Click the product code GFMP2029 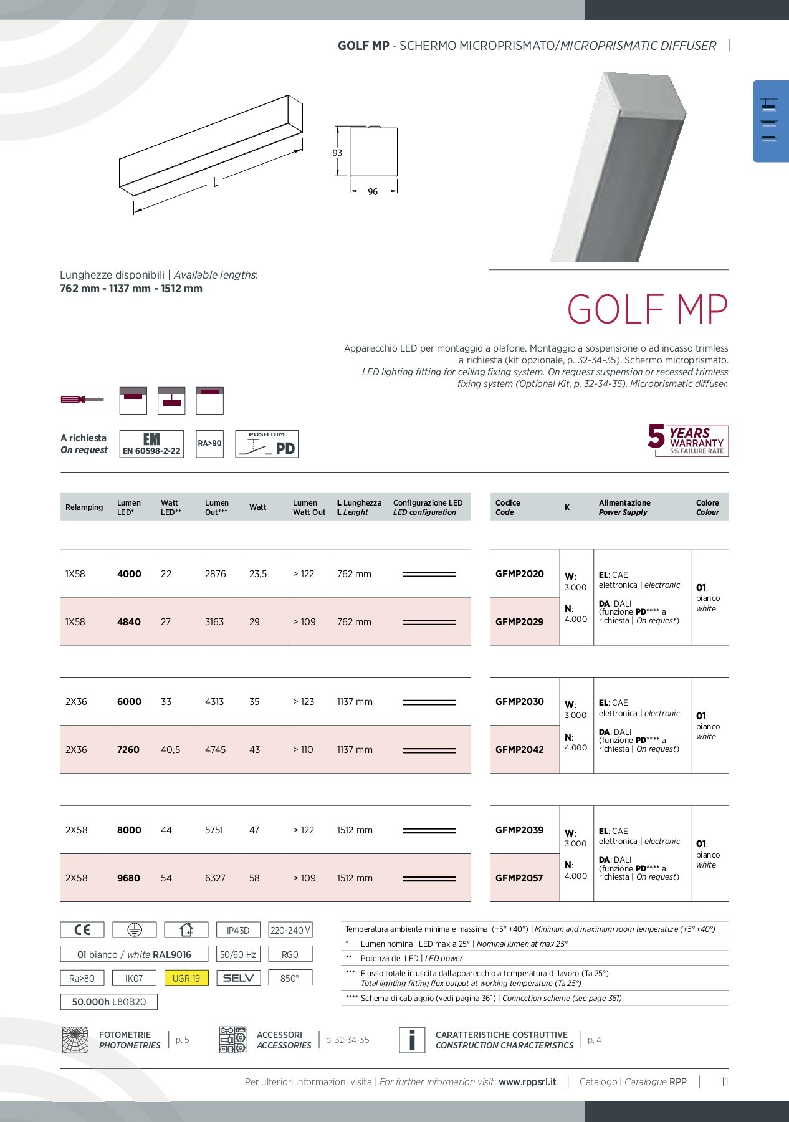[x=519, y=621]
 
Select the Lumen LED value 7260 [x=128, y=749]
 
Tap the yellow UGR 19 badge [x=186, y=978]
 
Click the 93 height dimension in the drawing [x=337, y=153]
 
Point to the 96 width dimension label [x=373, y=191]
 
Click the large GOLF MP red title [x=647, y=309]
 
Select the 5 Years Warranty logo [x=688, y=440]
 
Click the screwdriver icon [x=82, y=400]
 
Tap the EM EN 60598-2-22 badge [x=151, y=444]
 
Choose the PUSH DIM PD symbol [x=267, y=444]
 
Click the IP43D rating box [x=238, y=930]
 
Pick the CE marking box [x=82, y=930]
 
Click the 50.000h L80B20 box [x=109, y=1002]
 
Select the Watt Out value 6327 [x=215, y=878]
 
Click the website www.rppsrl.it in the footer [x=527, y=1081]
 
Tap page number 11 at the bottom [x=724, y=1081]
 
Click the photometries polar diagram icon [x=75, y=1040]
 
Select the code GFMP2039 [x=519, y=830]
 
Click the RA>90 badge [x=209, y=444]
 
